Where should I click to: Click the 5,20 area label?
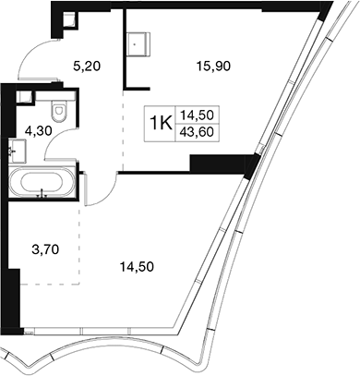coord(87,66)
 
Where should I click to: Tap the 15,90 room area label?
coord(214,66)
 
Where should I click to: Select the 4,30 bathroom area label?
coord(39,131)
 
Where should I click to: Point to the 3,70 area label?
coord(45,249)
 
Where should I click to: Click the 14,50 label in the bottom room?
coord(137,267)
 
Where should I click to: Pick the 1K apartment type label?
coord(160,124)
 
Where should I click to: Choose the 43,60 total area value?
coord(197,132)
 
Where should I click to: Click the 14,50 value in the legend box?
coord(197,115)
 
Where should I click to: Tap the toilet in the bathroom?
coord(59,110)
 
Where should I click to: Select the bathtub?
coord(42,182)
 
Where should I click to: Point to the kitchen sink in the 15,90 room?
coord(138,44)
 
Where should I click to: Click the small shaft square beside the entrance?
coord(69,20)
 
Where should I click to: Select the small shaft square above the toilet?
coord(24,97)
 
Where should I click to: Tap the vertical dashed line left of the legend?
coord(123,131)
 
